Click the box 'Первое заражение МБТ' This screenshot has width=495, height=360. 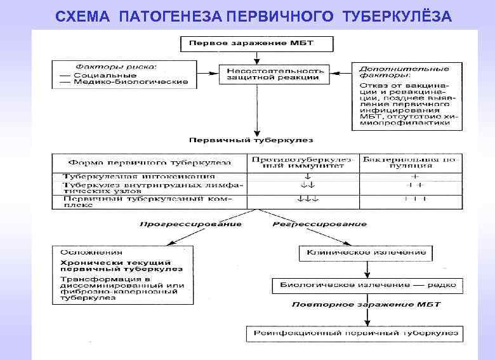coord(256,44)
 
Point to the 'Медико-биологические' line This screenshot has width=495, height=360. coord(124,82)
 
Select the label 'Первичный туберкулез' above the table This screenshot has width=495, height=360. coord(251,139)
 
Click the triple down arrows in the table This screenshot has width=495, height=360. coord(307,200)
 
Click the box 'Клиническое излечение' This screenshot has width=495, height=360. coord(366,253)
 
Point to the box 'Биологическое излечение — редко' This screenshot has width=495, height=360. coord(364,285)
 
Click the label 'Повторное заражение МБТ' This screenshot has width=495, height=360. coord(366,305)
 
